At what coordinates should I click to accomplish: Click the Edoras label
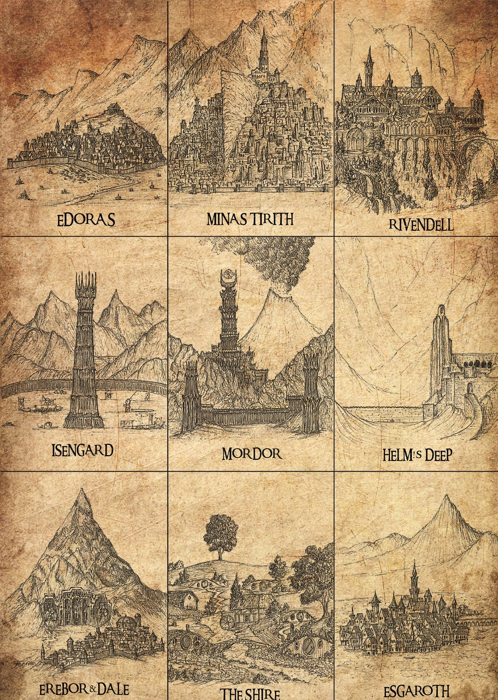(86, 220)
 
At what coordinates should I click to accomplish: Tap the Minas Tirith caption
(250, 219)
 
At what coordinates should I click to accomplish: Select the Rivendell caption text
(421, 224)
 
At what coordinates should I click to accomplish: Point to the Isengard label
(83, 450)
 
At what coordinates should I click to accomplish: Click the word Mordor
(251, 454)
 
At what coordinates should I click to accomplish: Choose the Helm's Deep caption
(417, 455)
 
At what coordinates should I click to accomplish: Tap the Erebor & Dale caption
(83, 689)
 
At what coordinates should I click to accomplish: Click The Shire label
(249, 694)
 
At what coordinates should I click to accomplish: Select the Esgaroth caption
(416, 691)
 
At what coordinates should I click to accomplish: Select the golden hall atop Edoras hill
(114, 109)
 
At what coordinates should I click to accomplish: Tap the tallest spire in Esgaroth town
(414, 576)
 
